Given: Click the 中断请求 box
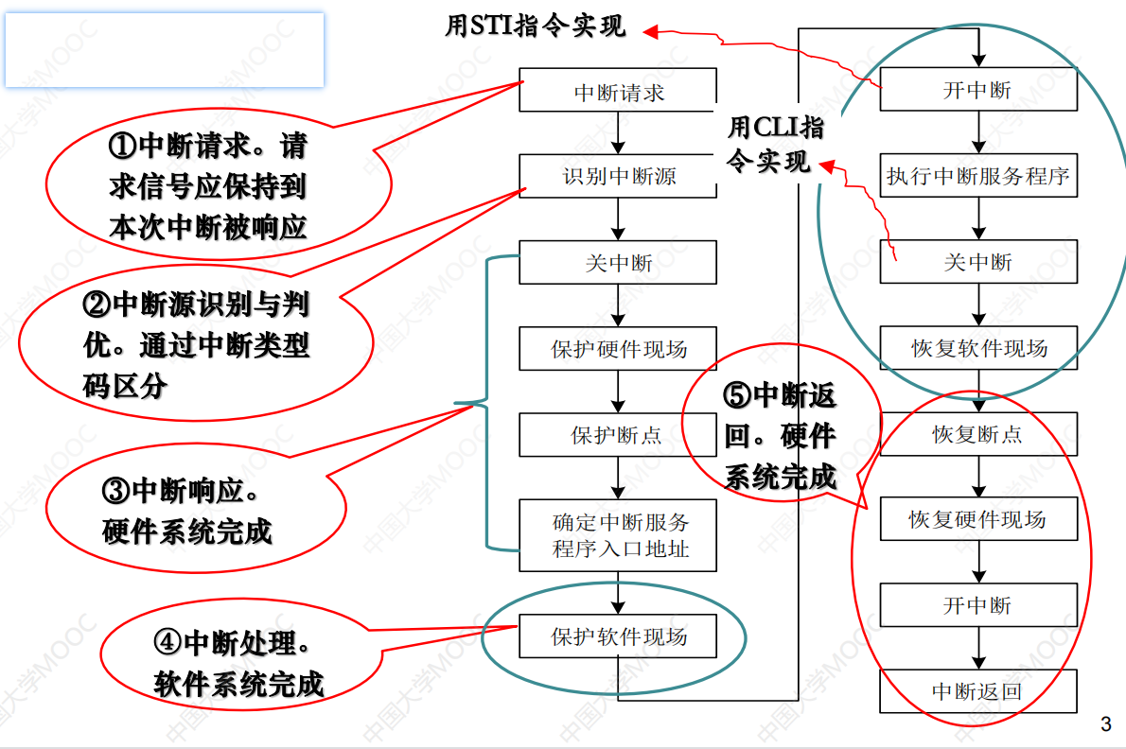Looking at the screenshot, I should (618, 92).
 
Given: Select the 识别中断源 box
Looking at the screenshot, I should (618, 176).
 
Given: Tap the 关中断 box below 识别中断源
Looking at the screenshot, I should (618, 262).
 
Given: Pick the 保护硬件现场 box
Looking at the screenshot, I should (618, 349).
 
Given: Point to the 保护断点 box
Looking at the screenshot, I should (618, 435).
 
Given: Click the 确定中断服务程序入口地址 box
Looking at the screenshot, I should (618, 535).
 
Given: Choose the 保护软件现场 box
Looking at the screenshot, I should (618, 636).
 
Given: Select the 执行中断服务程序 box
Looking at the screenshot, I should (978, 176).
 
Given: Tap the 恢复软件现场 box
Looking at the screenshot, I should (978, 348).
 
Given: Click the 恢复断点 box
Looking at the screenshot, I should (978, 435).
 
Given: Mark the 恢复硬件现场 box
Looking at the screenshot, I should (978, 519).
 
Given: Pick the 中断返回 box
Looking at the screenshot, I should (978, 691).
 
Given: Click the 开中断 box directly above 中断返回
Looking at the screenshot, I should (978, 605).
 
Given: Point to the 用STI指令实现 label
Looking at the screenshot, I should (536, 26).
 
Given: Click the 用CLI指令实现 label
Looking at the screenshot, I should (774, 144).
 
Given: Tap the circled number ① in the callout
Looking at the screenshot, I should (123, 147).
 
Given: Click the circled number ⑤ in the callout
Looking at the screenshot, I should (738, 395).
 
